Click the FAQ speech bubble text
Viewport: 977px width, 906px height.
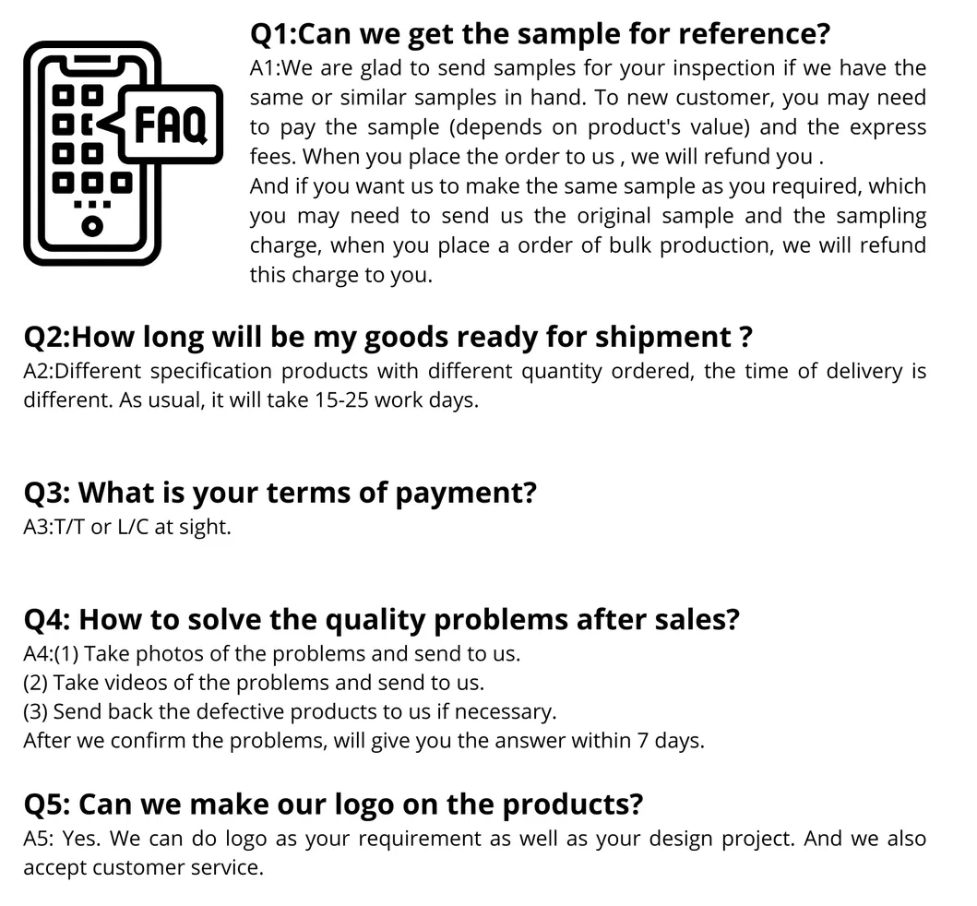coord(171,126)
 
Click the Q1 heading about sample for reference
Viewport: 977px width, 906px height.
coord(540,34)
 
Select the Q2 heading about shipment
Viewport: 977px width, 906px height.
coord(387,337)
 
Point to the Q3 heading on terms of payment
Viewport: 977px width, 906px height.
coord(280,492)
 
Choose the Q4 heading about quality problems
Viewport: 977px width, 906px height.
coord(381,619)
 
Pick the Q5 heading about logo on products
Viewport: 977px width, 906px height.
coord(332,804)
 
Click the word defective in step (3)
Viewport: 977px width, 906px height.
coord(242,712)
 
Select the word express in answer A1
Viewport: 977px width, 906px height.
coord(888,127)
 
